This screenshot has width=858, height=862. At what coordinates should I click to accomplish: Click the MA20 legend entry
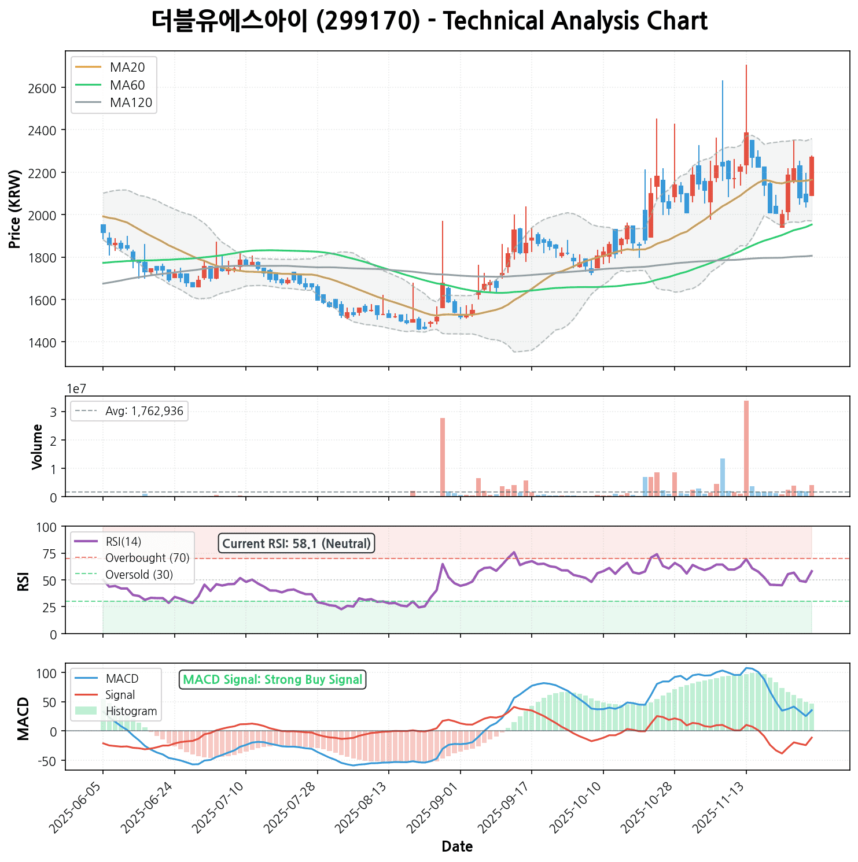[x=127, y=68]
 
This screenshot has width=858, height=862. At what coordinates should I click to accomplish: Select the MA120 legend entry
[x=131, y=103]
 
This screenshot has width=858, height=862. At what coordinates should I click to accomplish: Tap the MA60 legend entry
[x=127, y=86]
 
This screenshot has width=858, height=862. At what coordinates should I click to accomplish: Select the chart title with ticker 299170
[x=429, y=22]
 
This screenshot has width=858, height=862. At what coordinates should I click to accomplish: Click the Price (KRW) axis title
[x=16, y=209]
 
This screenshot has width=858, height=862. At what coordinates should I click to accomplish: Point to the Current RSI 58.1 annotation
[x=296, y=544]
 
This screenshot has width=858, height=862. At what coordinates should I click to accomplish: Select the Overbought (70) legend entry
[x=147, y=558]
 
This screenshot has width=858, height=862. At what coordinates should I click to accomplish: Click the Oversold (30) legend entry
[x=139, y=575]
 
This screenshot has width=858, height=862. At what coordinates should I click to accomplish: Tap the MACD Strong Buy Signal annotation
[x=273, y=680]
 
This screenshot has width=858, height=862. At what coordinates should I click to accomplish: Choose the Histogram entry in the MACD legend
[x=131, y=712]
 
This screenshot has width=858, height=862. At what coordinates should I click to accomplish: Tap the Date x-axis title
[x=457, y=847]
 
